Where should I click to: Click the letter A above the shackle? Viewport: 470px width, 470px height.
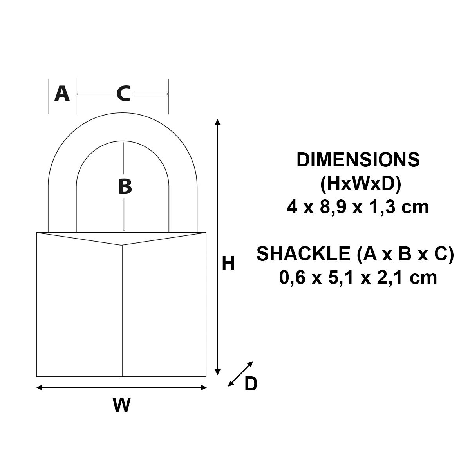tap(62, 94)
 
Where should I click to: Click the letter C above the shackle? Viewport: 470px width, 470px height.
tap(123, 94)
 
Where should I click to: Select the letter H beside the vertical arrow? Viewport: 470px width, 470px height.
tap(228, 263)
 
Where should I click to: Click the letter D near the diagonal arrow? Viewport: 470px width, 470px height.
tap(251, 384)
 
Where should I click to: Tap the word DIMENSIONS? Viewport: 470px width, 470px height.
tap(358, 160)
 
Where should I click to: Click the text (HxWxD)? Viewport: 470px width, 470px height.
tap(360, 184)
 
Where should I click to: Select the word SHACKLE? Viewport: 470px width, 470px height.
tap(304, 254)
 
